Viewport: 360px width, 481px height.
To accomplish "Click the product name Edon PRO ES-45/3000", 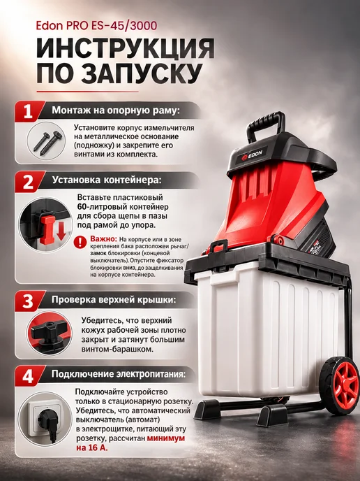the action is click(96, 26).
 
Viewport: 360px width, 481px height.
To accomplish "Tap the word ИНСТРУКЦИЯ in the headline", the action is click(125, 49).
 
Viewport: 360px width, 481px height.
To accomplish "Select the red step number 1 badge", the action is click(28, 111).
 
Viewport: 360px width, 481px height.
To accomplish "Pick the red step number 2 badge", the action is click(28, 181).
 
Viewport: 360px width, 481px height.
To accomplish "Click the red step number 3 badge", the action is click(28, 301).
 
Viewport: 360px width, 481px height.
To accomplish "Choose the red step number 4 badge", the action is click(28, 375).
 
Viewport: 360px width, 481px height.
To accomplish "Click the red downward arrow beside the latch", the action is click(61, 231).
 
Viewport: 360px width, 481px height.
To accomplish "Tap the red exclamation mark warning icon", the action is click(80, 242).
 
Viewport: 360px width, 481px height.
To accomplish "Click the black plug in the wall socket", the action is click(45, 421).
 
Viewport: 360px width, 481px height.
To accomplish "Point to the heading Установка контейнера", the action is click(107, 180).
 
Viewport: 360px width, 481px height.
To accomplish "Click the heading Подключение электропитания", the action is click(118, 374).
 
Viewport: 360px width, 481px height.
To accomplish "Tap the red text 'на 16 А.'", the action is click(92, 447).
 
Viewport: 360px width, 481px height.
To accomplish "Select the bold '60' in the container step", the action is click(82, 207).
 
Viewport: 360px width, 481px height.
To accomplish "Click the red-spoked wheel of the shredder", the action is click(340, 385).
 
